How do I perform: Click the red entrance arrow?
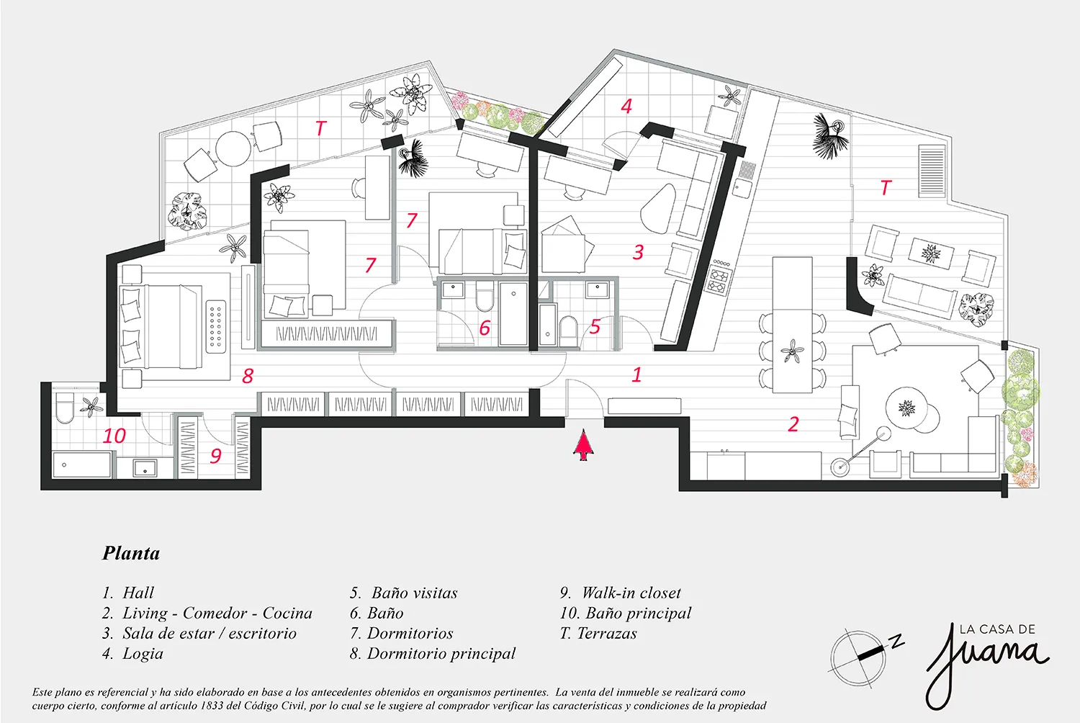[583, 445]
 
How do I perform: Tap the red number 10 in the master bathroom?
[114, 436]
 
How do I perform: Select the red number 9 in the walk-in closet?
[215, 456]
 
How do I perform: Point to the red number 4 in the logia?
[626, 107]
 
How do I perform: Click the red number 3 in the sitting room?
[638, 252]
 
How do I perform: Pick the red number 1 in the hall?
[636, 374]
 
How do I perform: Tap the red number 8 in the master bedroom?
[248, 376]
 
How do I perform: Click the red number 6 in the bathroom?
[485, 328]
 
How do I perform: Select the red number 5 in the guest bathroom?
[595, 327]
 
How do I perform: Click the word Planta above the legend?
[130, 553]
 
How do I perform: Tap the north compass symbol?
[861, 656]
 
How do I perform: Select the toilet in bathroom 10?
[64, 407]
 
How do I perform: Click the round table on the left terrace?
[233, 149]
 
